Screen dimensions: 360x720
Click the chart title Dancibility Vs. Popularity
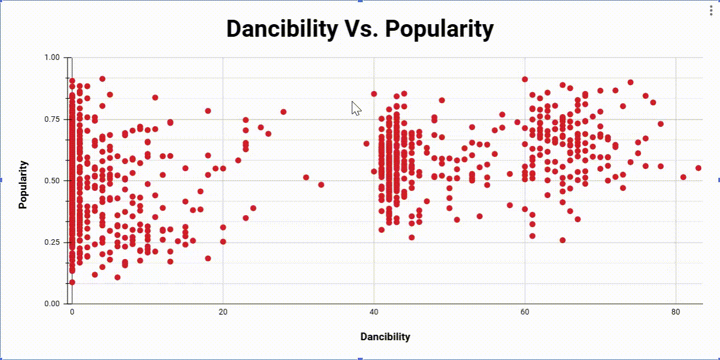(x=360, y=29)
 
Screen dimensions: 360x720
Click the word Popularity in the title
(x=439, y=29)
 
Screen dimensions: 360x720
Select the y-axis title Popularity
(x=22, y=184)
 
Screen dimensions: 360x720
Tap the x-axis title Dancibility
(x=385, y=336)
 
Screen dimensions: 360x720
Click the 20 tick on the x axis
(x=223, y=312)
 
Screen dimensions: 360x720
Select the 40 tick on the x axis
(x=374, y=312)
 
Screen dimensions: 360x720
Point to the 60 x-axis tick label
(x=525, y=312)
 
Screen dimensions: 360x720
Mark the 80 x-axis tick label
(x=676, y=312)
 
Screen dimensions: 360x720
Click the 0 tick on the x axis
(x=72, y=312)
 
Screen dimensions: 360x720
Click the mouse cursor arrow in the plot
(x=356, y=108)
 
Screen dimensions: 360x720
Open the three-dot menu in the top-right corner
(x=712, y=11)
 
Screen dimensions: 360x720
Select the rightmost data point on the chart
(x=698, y=168)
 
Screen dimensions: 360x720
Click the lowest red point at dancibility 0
(x=72, y=282)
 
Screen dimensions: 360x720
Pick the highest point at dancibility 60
(x=525, y=80)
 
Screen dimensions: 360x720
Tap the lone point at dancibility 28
(x=283, y=112)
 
